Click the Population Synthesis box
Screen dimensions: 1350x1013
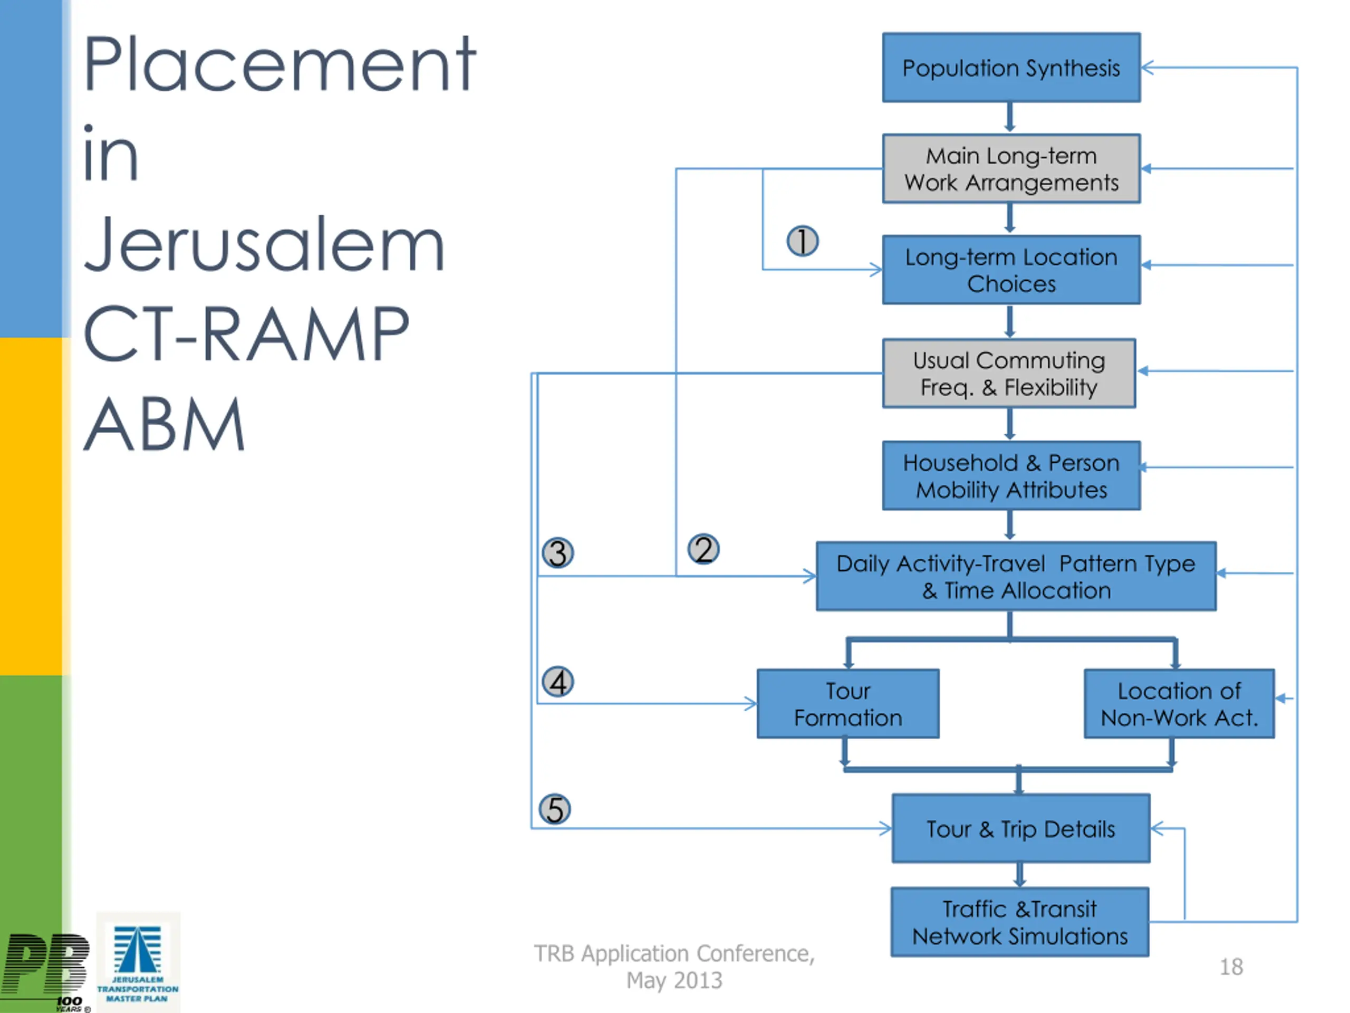click(1011, 67)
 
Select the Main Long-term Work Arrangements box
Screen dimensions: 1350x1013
click(1011, 168)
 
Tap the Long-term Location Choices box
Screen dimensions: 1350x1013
click(1011, 270)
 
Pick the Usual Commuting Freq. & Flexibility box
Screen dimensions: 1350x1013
click(1009, 373)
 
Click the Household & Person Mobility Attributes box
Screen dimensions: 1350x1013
click(1011, 476)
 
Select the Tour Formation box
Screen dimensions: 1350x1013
click(848, 704)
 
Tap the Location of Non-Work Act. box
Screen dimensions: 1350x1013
click(1179, 704)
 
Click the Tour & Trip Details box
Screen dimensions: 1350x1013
click(1021, 828)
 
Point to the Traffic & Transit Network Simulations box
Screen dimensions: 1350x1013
click(1020, 922)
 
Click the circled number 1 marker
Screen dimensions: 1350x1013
click(803, 241)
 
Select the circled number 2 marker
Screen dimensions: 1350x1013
click(703, 549)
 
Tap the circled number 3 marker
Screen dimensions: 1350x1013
click(558, 552)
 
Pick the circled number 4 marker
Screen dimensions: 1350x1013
click(558, 682)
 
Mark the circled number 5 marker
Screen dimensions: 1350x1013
click(555, 810)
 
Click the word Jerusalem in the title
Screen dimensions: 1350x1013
click(264, 244)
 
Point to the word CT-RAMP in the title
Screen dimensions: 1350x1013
click(245, 333)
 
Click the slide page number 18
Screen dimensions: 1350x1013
click(1231, 967)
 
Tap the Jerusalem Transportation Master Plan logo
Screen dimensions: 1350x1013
click(138, 962)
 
